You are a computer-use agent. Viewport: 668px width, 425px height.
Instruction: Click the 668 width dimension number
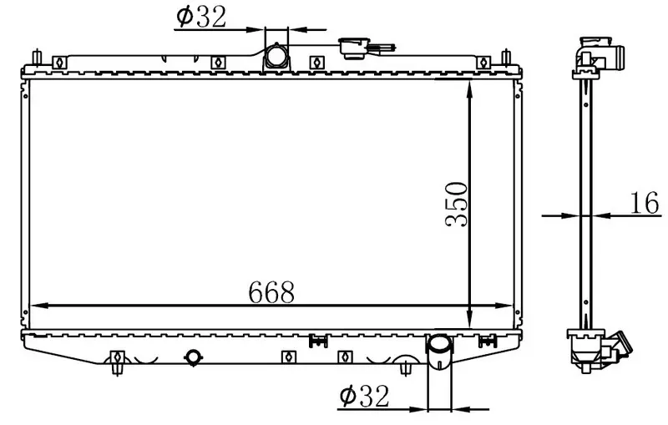pyautogui.click(x=271, y=292)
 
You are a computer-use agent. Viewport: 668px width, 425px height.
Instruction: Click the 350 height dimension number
pyautogui.click(x=456, y=204)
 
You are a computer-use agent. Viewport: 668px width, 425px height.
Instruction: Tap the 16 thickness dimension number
pyautogui.click(x=644, y=203)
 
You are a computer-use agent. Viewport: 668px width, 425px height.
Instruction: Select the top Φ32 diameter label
pyautogui.click(x=201, y=17)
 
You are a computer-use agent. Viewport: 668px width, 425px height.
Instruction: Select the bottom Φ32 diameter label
pyautogui.click(x=364, y=396)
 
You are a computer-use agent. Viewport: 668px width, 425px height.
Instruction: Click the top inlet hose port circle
pyautogui.click(x=276, y=56)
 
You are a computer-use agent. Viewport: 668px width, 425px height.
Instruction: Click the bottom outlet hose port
pyautogui.click(x=439, y=352)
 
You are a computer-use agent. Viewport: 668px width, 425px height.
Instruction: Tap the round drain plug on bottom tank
pyautogui.click(x=193, y=357)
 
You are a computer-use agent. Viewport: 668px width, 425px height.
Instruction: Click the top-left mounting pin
pyautogui.click(x=37, y=58)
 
